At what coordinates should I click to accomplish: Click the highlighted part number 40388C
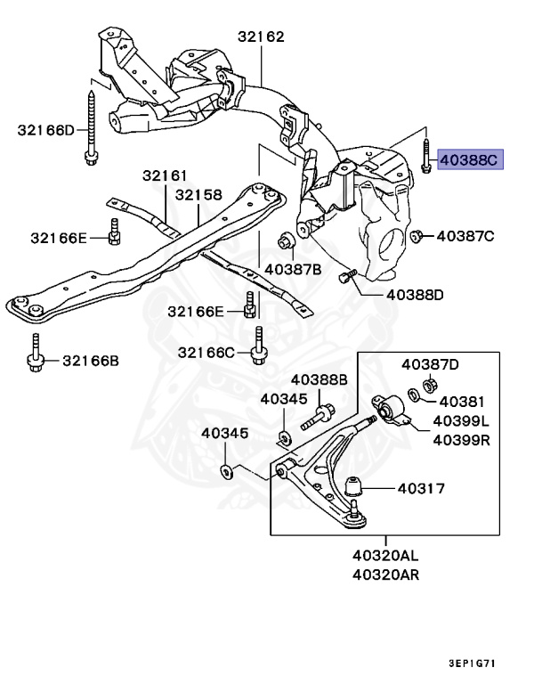[472, 160]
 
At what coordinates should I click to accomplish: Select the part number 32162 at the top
[261, 37]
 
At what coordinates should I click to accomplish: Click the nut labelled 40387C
[417, 236]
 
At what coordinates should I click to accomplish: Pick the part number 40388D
[415, 294]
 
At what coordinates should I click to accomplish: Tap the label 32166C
[206, 353]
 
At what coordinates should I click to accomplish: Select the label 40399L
[461, 420]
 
